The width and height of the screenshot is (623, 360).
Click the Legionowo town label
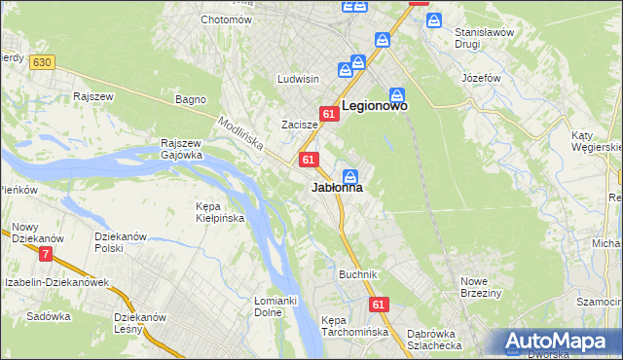(374, 105)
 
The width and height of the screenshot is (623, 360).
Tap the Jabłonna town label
(338, 188)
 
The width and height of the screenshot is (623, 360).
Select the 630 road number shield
(40, 62)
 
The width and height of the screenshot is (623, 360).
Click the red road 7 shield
(46, 254)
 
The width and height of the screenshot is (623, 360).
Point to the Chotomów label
(226, 19)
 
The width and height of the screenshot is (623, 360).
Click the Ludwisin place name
(298, 79)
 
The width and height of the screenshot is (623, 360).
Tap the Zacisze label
(300, 125)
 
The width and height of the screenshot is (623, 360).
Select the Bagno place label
(189, 99)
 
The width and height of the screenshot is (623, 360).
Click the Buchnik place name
(357, 274)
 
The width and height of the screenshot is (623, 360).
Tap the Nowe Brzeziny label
(480, 288)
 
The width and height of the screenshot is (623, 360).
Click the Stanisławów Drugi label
(484, 37)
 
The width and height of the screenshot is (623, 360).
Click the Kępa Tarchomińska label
(354, 326)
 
